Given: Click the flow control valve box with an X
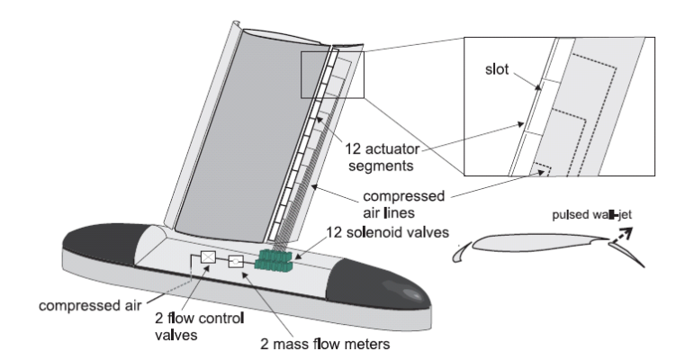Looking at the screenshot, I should [x=208, y=258].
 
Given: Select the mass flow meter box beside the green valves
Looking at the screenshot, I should [x=236, y=262].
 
